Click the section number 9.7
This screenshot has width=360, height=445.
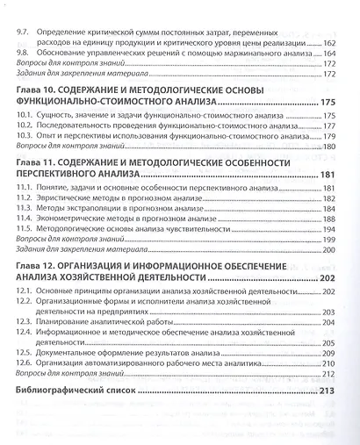(26, 31)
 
